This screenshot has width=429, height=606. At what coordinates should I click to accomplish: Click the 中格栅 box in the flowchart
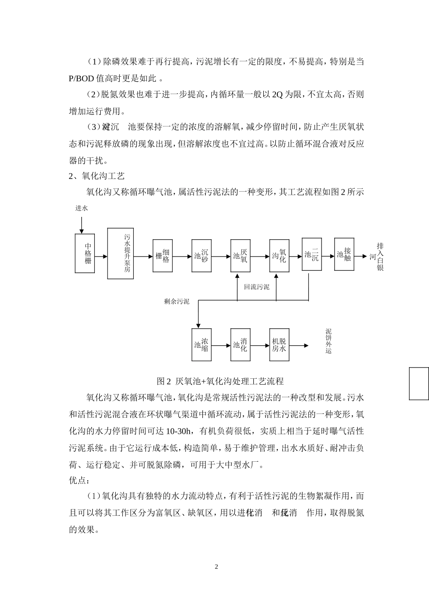[88, 253]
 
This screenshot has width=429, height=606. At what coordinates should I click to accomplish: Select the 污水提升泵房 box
[121, 253]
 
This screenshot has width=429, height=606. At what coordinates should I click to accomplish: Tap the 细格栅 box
[163, 256]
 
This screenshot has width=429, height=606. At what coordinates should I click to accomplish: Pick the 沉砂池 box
[201, 256]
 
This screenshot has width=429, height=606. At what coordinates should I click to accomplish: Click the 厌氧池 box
[240, 256]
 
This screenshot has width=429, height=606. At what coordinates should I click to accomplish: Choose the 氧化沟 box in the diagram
[279, 256]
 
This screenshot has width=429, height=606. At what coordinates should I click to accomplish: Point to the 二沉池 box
[312, 254]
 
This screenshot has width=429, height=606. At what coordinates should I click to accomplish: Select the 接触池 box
[344, 254]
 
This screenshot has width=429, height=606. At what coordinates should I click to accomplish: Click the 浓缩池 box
[201, 345]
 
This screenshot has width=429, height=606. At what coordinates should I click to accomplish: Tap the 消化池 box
[240, 345]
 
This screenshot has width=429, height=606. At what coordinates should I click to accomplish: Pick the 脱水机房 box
[279, 345]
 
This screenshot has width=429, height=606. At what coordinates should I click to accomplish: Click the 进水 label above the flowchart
[81, 208]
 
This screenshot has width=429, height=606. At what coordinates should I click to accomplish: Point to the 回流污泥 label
[256, 287]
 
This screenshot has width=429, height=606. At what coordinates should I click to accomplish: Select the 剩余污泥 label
[177, 301]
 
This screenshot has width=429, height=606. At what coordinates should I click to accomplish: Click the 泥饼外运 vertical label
[328, 341]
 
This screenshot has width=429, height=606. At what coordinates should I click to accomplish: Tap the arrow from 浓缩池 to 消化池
[221, 346]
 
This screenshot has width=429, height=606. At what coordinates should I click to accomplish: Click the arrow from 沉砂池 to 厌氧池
[221, 257]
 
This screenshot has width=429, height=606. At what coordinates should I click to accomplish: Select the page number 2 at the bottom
[216, 566]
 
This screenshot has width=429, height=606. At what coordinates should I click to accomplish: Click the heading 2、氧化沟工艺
[97, 176]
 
